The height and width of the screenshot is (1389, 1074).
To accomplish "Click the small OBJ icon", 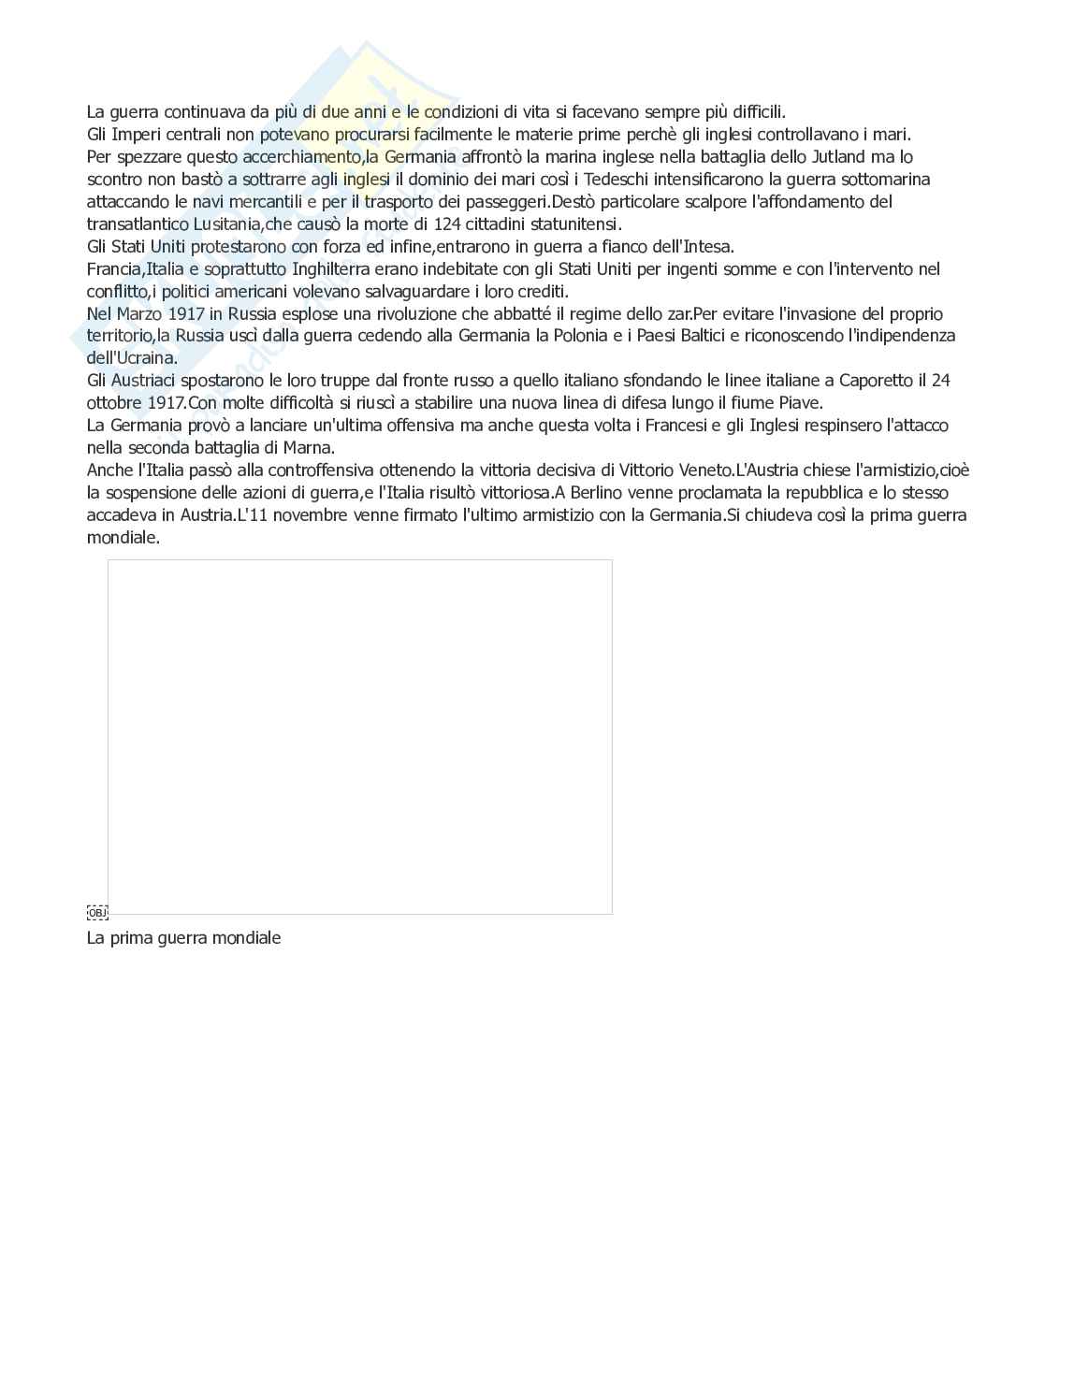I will coord(97,912).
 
